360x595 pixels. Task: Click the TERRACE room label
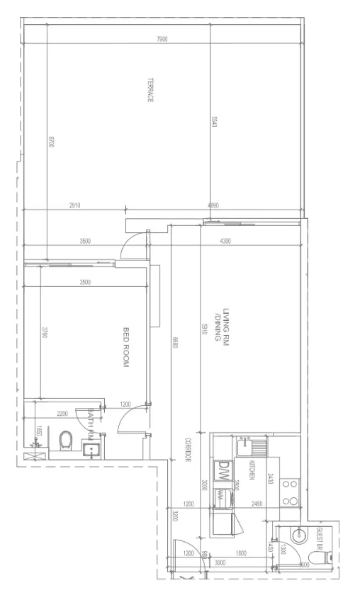pos(150,90)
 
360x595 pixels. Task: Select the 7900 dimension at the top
pos(162,40)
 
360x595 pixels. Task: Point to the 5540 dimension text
pos(213,122)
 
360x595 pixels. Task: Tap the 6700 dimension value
pos(50,141)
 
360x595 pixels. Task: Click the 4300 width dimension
pos(225,242)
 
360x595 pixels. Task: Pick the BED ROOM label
pos(127,347)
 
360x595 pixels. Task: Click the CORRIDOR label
pos(188,450)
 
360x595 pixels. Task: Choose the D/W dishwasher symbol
pos(223,468)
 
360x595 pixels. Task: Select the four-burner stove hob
pos(289,492)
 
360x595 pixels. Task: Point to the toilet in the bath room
pos(66,441)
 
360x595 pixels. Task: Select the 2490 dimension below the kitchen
pos(257,504)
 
